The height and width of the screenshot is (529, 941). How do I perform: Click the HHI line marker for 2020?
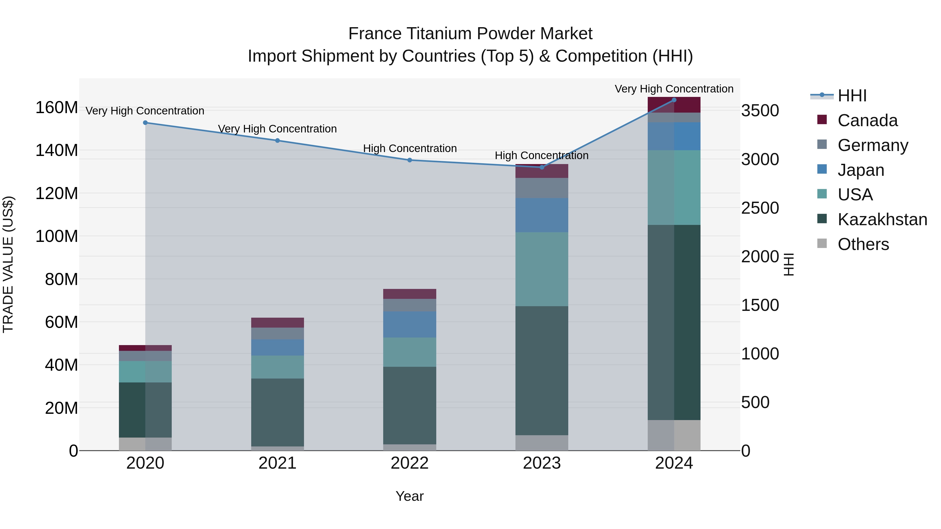coord(145,123)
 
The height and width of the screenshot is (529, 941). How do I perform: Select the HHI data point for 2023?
coord(542,167)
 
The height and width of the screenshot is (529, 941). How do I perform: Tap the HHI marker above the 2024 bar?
coord(674,100)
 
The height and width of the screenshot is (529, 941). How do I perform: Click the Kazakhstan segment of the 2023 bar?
coord(542,370)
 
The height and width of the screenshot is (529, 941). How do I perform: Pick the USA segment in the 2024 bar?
coord(674,187)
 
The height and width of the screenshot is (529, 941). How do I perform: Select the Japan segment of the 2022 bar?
coord(410,324)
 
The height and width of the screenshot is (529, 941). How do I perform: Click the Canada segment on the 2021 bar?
coord(277,322)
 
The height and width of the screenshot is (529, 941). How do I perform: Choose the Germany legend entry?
coord(872,145)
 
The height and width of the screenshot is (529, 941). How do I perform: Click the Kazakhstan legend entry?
coord(882,219)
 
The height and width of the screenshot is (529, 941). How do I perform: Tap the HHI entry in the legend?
coord(852,96)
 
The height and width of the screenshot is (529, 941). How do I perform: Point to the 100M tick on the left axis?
coord(57,236)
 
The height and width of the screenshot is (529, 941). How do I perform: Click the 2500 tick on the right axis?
coord(760,208)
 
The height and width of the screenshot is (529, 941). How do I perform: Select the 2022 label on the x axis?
coord(410,463)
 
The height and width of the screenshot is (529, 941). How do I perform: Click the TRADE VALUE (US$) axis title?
coord(8,264)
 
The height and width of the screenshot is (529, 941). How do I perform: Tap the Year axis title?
coord(410,496)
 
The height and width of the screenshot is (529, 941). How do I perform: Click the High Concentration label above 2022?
coord(410,149)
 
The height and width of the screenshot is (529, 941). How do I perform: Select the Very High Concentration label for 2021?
coord(277,129)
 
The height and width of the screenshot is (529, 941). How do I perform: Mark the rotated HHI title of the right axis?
coord(789,264)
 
